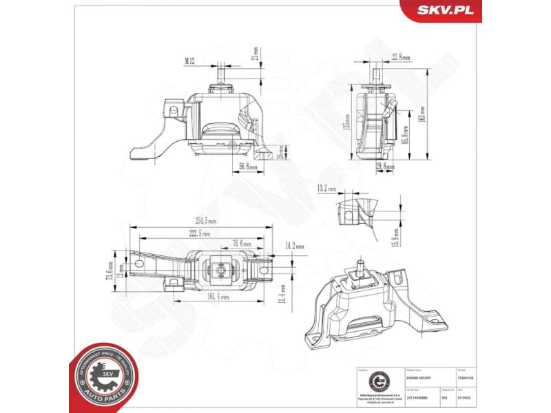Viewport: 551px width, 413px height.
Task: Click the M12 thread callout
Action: tap(190, 61)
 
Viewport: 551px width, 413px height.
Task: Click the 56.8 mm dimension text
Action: tap(248, 167)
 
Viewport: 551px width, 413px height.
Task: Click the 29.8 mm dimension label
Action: tap(385, 167)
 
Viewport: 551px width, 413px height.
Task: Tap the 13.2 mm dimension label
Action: tap(326, 188)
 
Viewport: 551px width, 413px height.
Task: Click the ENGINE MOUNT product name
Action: tap(421, 377)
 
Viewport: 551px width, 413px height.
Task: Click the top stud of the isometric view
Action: tap(360, 264)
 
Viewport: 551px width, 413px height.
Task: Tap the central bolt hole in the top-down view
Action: tap(219, 271)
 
